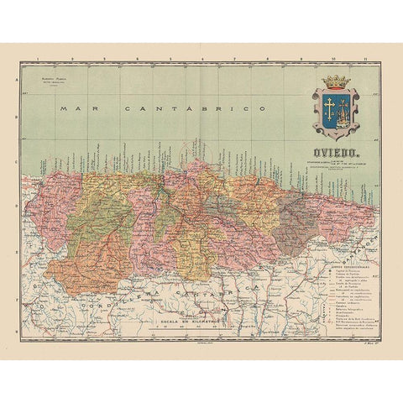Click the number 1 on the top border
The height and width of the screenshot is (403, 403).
(x=39, y=61)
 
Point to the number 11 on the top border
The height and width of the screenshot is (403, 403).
(x=364, y=61)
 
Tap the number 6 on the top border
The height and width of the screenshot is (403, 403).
(x=202, y=61)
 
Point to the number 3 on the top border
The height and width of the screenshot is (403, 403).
(x=104, y=61)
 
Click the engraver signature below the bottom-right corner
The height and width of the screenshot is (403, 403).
(x=368, y=343)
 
